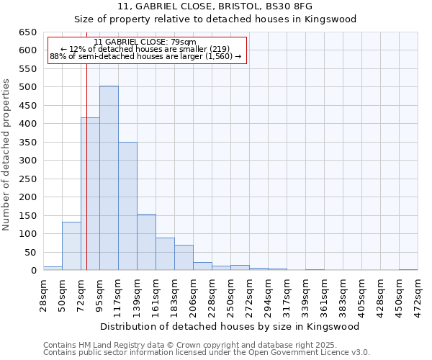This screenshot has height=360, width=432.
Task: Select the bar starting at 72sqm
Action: (x=90, y=194)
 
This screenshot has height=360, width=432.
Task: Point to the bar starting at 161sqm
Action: (x=165, y=254)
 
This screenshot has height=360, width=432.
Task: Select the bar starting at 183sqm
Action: (x=184, y=258)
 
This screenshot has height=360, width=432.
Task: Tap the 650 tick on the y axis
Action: (x=29, y=32)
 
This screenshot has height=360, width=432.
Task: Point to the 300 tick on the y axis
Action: (x=29, y=161)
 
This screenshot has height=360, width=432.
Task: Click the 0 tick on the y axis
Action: (x=33, y=271)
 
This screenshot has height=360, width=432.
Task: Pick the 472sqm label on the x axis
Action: (x=418, y=294)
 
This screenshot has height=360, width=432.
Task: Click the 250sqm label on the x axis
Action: (x=230, y=294)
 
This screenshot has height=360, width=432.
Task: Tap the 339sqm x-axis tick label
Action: (x=305, y=294)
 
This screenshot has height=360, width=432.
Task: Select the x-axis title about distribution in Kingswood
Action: (x=230, y=326)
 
